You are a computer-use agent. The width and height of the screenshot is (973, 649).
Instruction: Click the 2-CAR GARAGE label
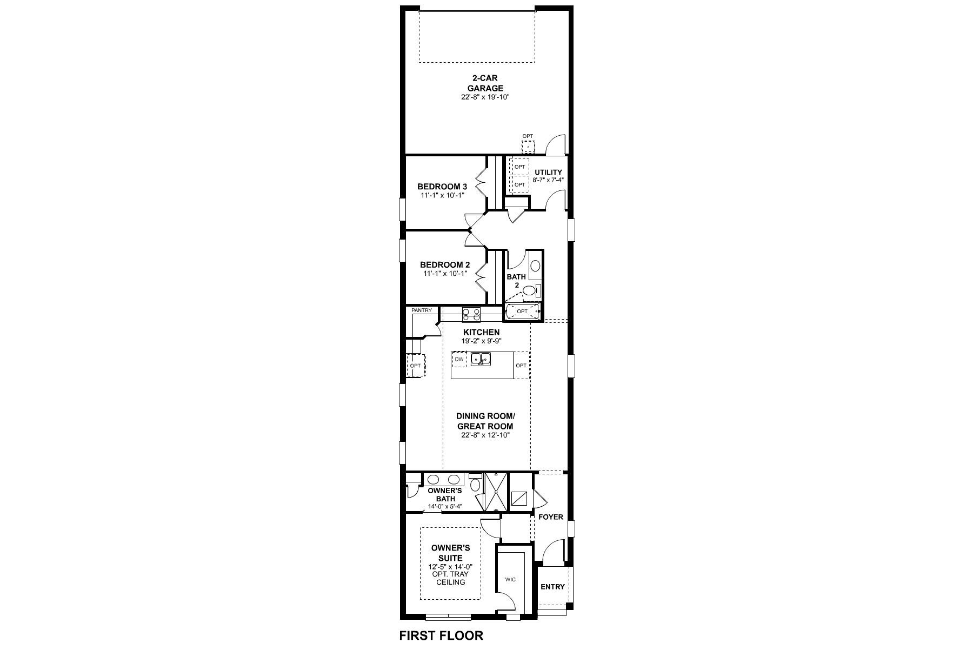click(x=485, y=83)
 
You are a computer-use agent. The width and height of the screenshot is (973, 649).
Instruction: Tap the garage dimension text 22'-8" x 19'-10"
click(x=485, y=97)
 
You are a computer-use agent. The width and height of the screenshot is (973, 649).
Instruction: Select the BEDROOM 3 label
click(x=442, y=187)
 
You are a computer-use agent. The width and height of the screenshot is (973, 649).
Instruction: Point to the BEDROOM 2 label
click(x=444, y=265)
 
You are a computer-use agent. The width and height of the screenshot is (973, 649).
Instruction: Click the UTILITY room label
click(x=548, y=173)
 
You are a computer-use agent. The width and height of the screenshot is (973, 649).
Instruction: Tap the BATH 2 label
click(x=516, y=280)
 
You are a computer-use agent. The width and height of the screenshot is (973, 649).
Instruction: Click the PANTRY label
click(x=421, y=310)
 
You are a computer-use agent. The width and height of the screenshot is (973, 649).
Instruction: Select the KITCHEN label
click(x=481, y=332)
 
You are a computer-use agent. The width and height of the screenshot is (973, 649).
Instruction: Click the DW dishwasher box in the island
click(x=459, y=359)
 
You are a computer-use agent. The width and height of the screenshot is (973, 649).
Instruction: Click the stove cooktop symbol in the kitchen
click(x=471, y=314)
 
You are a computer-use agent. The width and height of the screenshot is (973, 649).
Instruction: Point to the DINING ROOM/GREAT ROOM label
click(x=485, y=421)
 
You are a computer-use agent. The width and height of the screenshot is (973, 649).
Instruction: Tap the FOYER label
click(x=550, y=517)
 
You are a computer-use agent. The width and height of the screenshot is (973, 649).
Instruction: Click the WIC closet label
click(x=510, y=579)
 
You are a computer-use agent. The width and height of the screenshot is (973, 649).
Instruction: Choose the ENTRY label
click(x=552, y=587)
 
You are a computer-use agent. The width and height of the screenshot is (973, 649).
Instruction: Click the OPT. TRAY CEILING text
click(x=450, y=578)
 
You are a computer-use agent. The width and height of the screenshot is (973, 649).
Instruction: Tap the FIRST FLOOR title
click(x=441, y=636)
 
